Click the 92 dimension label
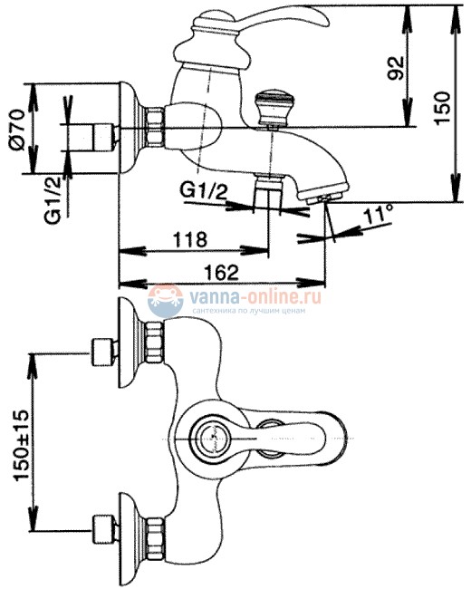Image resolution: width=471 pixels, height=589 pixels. tap(396, 68)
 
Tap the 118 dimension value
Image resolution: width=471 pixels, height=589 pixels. tap(189, 239)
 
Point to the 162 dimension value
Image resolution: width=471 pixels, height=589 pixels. tap(222, 272)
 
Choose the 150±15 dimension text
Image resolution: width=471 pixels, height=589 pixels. tap(20, 446)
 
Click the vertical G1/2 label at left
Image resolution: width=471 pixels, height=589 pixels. tap(53, 200)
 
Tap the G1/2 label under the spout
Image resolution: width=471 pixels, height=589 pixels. tap(204, 191)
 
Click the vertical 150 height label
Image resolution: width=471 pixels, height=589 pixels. tap(442, 108)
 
